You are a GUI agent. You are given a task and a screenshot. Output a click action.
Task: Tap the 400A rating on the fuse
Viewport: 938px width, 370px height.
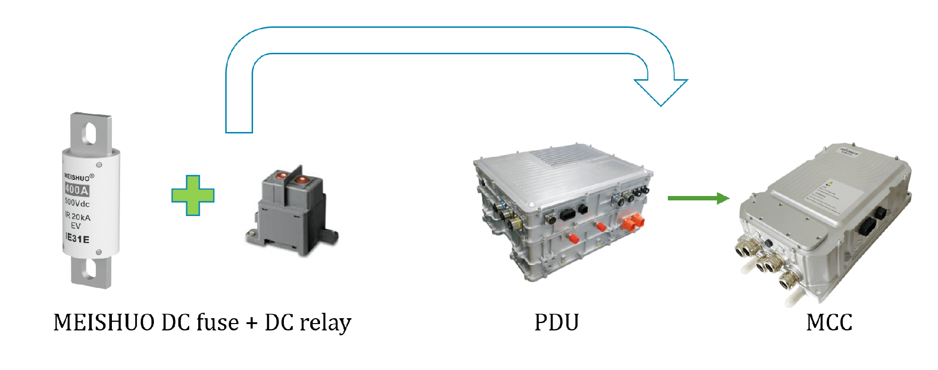78,189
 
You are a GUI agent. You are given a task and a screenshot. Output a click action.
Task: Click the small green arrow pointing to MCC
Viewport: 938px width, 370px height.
699,198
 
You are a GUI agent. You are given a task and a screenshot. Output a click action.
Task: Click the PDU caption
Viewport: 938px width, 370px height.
556,323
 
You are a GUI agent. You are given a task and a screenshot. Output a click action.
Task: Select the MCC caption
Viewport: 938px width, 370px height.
829,323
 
